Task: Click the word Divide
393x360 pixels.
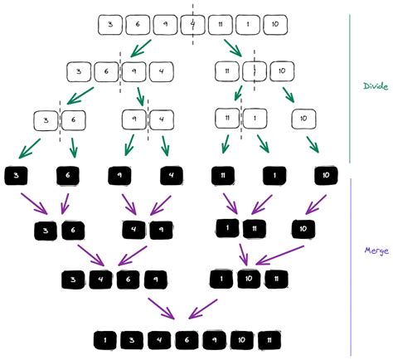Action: pos(376,85)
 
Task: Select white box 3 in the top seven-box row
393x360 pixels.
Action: pos(109,25)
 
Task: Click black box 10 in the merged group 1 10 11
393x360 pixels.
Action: pos(250,279)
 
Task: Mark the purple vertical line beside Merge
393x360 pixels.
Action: pos(352,265)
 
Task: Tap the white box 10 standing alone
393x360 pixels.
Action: pos(304,119)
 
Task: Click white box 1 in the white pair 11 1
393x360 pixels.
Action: pos(255,119)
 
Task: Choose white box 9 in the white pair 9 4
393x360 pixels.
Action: pos(134,119)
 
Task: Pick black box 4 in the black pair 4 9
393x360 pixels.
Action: pos(132,227)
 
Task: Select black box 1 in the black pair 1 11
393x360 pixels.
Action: pos(226,227)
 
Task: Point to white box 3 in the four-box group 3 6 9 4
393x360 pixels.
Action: pos(78,72)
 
